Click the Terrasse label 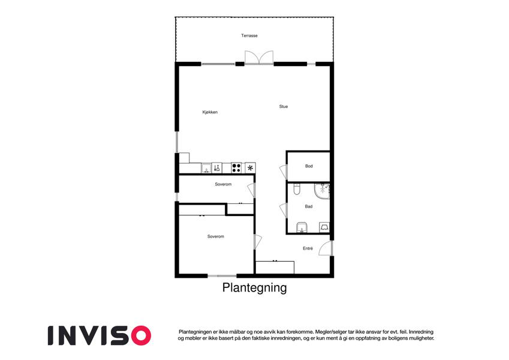(x=249, y=35)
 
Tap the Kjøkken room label (x=210, y=112)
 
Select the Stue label (x=284, y=106)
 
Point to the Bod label (x=309, y=166)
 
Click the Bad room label (x=309, y=206)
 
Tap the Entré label (x=308, y=248)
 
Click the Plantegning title (x=254, y=288)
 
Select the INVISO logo (x=100, y=335)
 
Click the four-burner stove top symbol (x=236, y=168)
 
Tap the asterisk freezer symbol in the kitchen (x=250, y=168)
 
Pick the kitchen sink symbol (x=206, y=168)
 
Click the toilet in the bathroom (x=297, y=189)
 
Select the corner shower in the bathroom (x=322, y=191)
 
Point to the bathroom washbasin (x=302, y=228)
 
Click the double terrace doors (x=259, y=58)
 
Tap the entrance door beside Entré (x=326, y=248)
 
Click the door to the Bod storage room (x=284, y=172)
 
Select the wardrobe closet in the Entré (x=275, y=267)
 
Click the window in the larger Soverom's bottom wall (x=222, y=276)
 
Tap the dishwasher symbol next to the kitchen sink (x=217, y=168)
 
